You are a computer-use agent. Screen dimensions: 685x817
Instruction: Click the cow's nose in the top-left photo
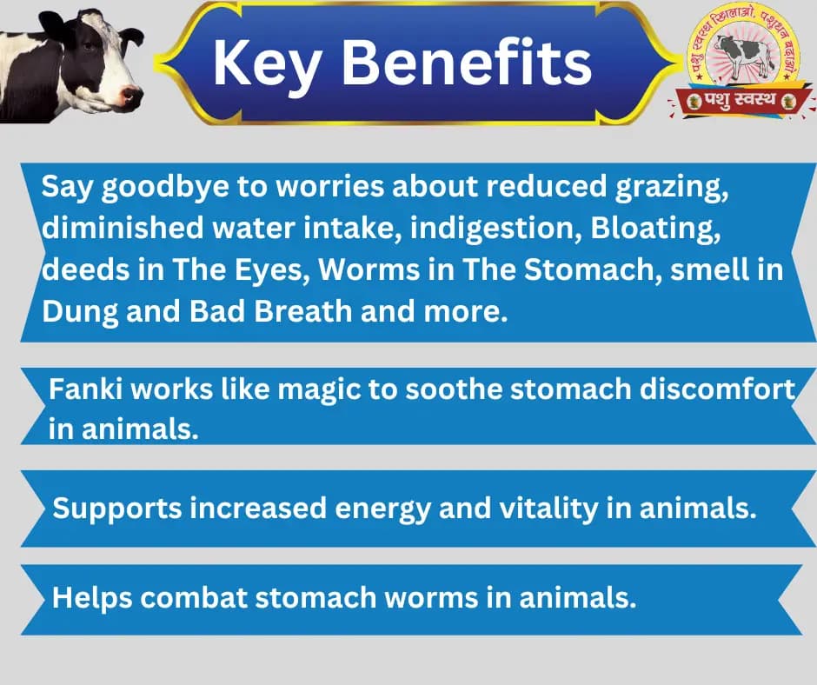[x=131, y=93]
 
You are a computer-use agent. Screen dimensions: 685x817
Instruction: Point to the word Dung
[x=76, y=311]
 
